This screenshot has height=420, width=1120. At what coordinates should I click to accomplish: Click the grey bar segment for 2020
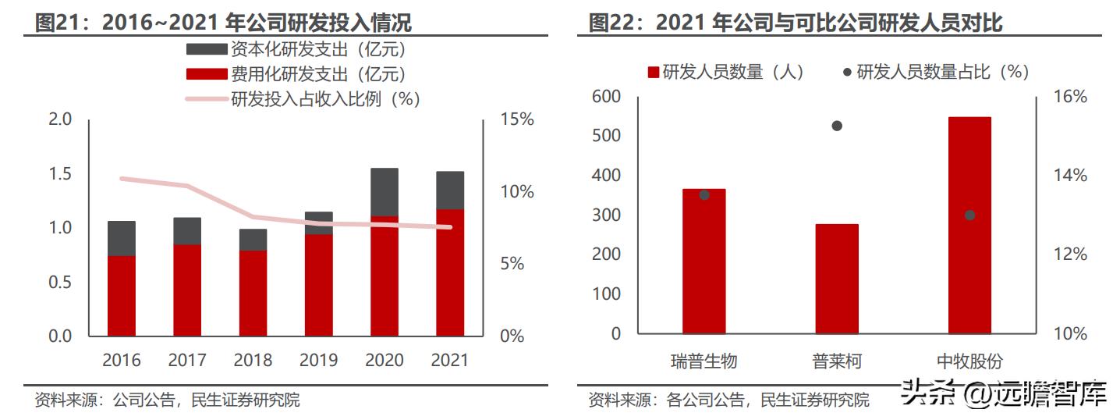(x=385, y=192)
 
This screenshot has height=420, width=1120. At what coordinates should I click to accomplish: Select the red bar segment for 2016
(x=122, y=296)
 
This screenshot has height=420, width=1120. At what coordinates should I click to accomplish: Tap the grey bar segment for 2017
(x=187, y=231)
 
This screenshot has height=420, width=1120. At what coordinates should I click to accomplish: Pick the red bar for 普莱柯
(x=837, y=279)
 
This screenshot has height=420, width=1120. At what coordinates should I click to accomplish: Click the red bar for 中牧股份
(x=969, y=226)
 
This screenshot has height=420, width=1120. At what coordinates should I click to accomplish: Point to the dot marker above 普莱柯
(x=837, y=126)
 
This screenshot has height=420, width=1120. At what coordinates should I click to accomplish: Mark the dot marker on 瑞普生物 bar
(x=704, y=194)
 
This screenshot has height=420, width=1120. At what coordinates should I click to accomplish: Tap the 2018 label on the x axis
(x=253, y=360)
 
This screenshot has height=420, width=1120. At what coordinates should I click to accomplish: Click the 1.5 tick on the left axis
(x=60, y=173)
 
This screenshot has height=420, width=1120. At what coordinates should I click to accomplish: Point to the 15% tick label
(x=516, y=119)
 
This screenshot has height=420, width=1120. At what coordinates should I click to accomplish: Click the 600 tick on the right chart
(x=606, y=97)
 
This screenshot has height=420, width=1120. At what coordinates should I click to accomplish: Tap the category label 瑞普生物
(x=704, y=361)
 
